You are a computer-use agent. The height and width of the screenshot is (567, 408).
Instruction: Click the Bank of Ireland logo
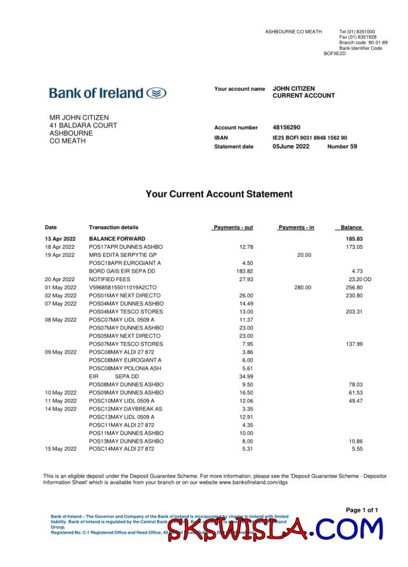click(x=108, y=93)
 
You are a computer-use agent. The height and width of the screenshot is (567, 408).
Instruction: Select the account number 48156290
click(x=286, y=127)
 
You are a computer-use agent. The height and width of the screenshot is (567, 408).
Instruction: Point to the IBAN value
click(x=309, y=138)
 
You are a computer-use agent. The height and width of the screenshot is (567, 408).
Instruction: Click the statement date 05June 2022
click(x=291, y=147)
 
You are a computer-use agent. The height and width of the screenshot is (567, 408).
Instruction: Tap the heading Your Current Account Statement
click(x=219, y=194)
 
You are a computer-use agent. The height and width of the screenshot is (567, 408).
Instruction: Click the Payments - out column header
click(x=233, y=227)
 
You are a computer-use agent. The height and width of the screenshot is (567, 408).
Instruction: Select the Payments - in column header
click(x=296, y=227)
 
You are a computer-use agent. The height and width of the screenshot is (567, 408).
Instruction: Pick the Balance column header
click(x=351, y=227)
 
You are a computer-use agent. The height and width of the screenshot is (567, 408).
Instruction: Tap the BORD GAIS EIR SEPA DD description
click(x=122, y=271)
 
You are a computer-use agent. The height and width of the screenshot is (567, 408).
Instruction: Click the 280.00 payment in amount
click(x=303, y=288)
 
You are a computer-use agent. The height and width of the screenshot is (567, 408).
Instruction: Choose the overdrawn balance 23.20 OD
click(x=356, y=279)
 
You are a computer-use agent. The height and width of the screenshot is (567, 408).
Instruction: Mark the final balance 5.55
click(x=357, y=449)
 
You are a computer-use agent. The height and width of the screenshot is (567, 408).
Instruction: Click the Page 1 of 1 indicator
click(x=362, y=510)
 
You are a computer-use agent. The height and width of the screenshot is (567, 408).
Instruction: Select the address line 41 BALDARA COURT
click(x=83, y=126)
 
